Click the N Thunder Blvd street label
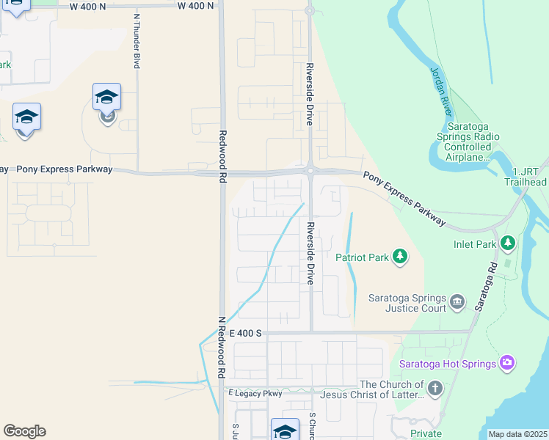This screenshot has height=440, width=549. click(137, 41)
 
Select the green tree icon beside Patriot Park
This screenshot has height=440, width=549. click(399, 257)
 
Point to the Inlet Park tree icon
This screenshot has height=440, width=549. click(507, 242)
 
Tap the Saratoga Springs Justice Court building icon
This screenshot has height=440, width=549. click(457, 301)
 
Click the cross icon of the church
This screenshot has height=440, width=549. click(435, 389)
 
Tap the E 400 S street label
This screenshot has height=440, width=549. click(245, 333)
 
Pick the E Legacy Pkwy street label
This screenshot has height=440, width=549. click(255, 394)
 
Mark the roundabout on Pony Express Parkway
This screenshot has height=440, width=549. click(310, 171)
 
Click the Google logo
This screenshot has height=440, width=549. click(24, 431)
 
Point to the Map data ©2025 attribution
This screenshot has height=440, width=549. click(517, 434)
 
